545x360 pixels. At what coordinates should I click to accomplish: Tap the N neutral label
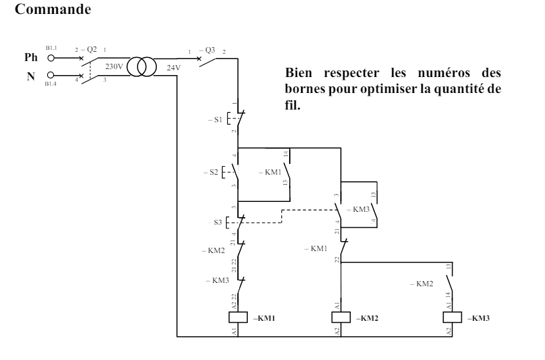[30, 76]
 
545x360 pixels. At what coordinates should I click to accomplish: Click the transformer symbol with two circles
[141, 67]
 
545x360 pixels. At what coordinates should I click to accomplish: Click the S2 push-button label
[211, 172]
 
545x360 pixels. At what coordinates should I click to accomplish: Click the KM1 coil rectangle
[238, 317]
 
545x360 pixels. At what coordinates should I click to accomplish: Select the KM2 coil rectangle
[340, 317]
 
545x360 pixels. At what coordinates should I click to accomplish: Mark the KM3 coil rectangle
[452, 317]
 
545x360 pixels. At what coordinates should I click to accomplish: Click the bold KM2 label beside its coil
[368, 318]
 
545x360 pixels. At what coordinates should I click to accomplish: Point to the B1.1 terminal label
[52, 48]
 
